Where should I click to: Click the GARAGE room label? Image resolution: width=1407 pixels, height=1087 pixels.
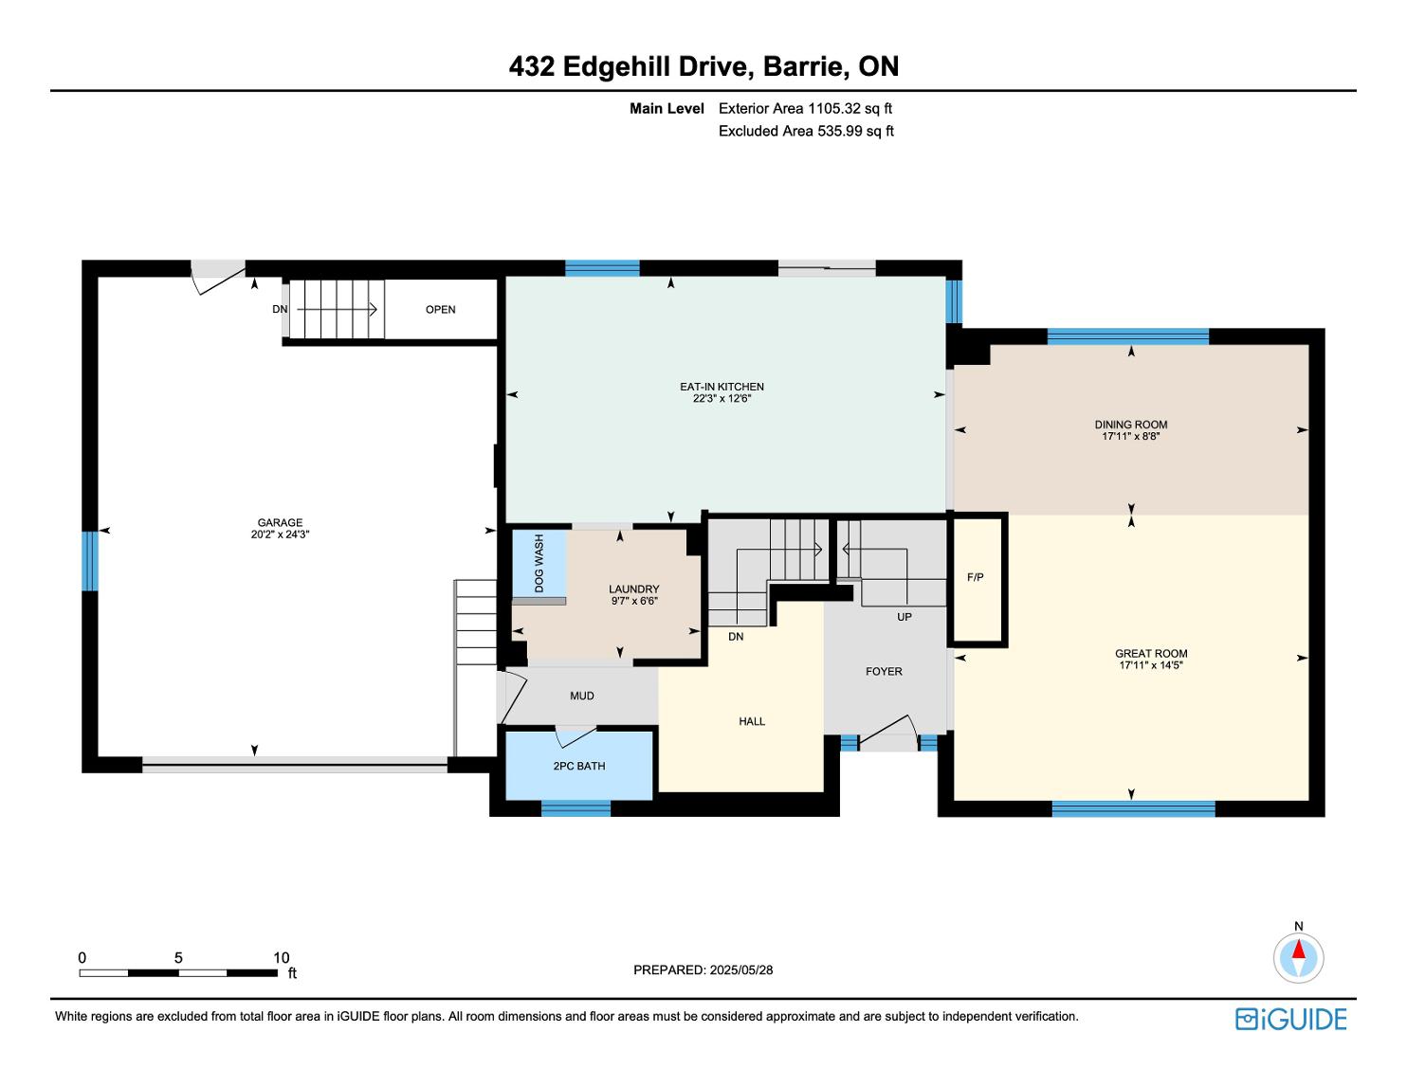(x=280, y=522)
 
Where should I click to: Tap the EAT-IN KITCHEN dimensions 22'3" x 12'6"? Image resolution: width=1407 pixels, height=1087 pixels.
(x=722, y=399)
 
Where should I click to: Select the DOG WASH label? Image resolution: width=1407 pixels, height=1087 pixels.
(x=539, y=563)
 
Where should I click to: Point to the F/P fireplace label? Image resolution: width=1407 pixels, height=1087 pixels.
(x=975, y=577)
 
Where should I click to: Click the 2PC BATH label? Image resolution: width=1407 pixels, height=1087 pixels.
(x=579, y=766)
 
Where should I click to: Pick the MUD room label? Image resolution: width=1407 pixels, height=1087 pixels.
(x=581, y=696)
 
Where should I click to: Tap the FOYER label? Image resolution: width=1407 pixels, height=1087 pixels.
(x=884, y=672)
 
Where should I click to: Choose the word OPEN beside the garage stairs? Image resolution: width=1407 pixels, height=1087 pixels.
(x=440, y=309)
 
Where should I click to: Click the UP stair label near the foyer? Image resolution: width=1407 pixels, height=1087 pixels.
(x=904, y=617)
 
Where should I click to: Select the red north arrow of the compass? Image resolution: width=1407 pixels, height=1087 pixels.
(x=1298, y=950)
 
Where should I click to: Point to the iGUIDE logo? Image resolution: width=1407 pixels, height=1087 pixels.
(x=1291, y=1020)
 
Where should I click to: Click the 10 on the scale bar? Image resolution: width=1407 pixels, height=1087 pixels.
(x=281, y=957)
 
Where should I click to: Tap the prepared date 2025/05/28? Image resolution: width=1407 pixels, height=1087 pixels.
(x=741, y=969)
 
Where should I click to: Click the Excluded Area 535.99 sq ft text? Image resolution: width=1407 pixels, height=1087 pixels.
(x=806, y=131)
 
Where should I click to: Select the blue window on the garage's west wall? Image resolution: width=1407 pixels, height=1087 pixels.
(x=90, y=561)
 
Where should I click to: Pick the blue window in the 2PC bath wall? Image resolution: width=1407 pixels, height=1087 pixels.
(x=576, y=808)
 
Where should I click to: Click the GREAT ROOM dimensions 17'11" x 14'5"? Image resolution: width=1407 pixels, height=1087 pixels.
(x=1151, y=665)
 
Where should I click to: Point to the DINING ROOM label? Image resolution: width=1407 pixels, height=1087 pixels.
(x=1131, y=426)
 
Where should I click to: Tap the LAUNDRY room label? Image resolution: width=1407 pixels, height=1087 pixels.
(x=634, y=589)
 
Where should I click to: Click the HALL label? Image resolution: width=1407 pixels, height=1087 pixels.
(x=752, y=721)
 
